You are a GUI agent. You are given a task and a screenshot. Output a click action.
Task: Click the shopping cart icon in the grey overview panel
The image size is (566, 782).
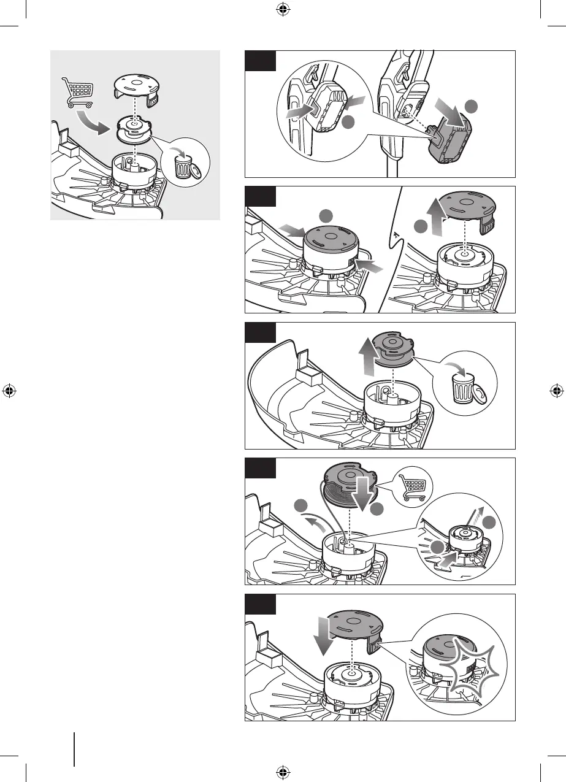click(x=78, y=93)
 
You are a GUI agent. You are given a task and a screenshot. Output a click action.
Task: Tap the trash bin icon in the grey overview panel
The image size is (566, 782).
click(x=183, y=166)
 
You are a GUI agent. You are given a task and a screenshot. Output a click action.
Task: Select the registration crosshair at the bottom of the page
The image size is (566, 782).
click(x=283, y=771)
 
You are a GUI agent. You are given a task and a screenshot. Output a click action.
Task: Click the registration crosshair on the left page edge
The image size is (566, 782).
click(x=9, y=391)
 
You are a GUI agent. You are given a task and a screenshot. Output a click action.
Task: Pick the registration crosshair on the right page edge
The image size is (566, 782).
click(x=556, y=391)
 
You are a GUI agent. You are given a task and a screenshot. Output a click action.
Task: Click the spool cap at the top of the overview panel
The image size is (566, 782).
click(x=137, y=86)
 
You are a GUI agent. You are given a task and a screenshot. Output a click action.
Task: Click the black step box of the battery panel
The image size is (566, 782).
click(x=260, y=61)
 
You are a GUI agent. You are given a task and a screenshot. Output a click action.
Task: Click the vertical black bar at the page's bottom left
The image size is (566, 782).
click(x=74, y=748)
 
